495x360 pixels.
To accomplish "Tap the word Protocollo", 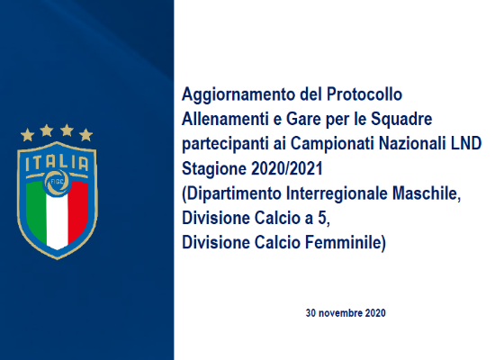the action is pyautogui.click(x=364, y=94).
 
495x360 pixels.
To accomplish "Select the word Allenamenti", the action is pyautogui.click(x=228, y=119).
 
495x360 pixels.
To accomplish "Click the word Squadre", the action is pyautogui.click(x=401, y=120).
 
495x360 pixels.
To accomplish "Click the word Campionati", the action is pyautogui.click(x=332, y=144).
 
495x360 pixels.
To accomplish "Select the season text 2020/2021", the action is pyautogui.click(x=287, y=168).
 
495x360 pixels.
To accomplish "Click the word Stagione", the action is pyautogui.click(x=214, y=169).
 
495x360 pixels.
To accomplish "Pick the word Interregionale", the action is pyautogui.click(x=337, y=193).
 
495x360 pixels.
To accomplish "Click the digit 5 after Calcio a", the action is pyautogui.click(x=322, y=218).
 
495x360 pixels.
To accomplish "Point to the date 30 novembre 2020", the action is pyautogui.click(x=346, y=313).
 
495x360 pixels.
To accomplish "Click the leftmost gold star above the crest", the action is pyautogui.click(x=28, y=135).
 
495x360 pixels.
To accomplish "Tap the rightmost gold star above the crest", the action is pyautogui.click(x=85, y=135).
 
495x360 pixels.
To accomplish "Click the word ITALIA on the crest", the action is pyautogui.click(x=57, y=163).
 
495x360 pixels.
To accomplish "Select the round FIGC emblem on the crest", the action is pyautogui.click(x=57, y=182).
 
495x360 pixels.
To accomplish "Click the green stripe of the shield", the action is pyautogui.click(x=36, y=209).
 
